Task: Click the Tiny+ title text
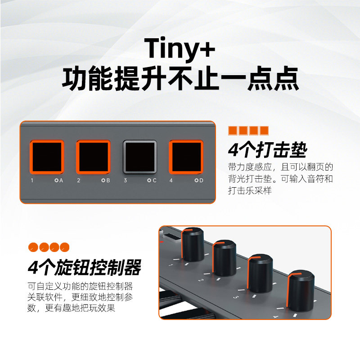pos(180,49)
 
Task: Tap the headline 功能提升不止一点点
pos(180,78)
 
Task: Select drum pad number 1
pos(47,157)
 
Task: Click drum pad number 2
pos(93,157)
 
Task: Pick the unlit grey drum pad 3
pos(140,157)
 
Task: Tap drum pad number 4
pos(186,157)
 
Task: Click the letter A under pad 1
pos(61,180)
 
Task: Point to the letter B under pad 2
pos(108,180)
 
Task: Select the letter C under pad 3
pos(154,180)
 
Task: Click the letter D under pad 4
pos(201,180)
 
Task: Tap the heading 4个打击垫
pos(267,150)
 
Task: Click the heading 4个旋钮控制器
pos(85,267)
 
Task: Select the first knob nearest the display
pos(193,245)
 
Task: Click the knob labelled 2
pos(224,258)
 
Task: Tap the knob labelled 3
pos(260,274)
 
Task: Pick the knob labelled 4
pos(301,291)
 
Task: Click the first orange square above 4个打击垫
pos(233,130)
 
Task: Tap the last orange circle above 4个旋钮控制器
pos(64,247)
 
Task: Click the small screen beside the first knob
pos(171,237)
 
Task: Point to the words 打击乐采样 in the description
pos(250,190)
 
